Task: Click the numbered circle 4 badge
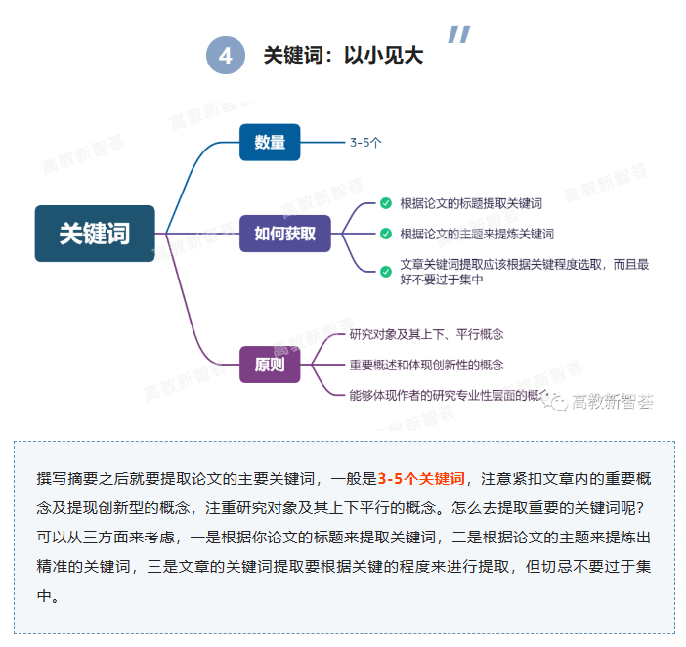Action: pyautogui.click(x=225, y=55)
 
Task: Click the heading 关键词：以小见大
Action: pyautogui.click(x=343, y=56)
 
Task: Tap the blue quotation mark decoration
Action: pyautogui.click(x=458, y=35)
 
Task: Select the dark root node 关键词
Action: pyautogui.click(x=95, y=234)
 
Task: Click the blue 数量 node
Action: pyautogui.click(x=270, y=143)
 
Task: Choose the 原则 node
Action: pyautogui.click(x=270, y=366)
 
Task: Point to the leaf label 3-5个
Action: pyautogui.click(x=365, y=142)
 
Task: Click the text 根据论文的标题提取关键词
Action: pyautogui.click(x=471, y=203)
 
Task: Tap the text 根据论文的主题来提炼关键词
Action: pyautogui.click(x=477, y=234)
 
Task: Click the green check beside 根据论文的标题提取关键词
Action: pyautogui.click(x=386, y=203)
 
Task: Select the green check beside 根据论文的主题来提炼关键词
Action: pyautogui.click(x=386, y=234)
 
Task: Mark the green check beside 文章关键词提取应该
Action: pyautogui.click(x=386, y=271)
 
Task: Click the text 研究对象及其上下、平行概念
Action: pyautogui.click(x=427, y=334)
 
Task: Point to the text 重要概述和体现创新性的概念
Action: pyautogui.click(x=427, y=365)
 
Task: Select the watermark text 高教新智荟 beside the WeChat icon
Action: pyautogui.click(x=613, y=402)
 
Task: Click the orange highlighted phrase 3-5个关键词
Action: pyautogui.click(x=421, y=478)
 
